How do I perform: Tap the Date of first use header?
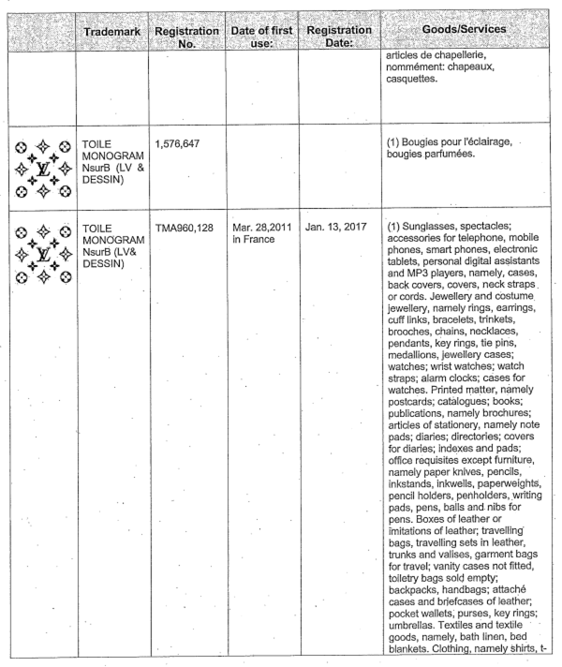(x=259, y=37)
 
